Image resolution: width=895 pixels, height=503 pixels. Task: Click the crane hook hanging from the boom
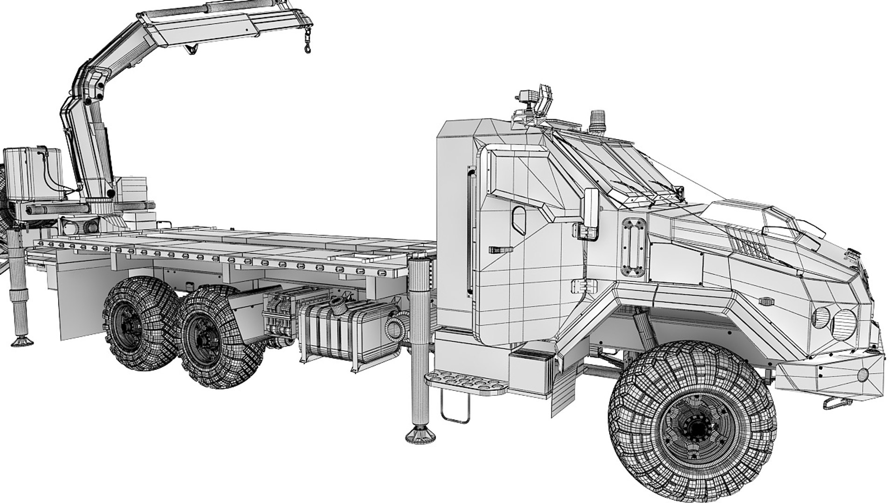point(308,46)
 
